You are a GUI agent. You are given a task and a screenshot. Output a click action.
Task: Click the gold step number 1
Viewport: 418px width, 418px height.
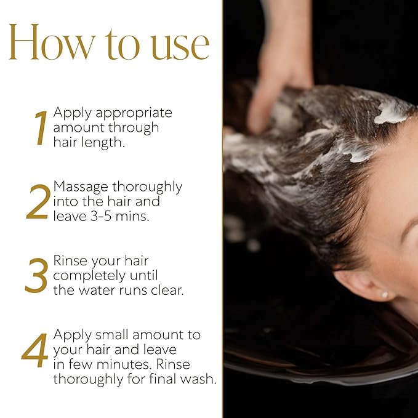(40, 129)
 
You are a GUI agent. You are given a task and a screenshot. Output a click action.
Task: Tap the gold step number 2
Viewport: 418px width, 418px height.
(38, 203)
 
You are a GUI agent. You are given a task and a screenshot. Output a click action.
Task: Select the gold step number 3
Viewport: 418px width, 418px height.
(36, 276)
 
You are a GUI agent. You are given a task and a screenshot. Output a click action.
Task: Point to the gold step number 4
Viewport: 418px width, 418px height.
(35, 351)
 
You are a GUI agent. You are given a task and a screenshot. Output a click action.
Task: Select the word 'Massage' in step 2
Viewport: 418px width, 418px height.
(81, 187)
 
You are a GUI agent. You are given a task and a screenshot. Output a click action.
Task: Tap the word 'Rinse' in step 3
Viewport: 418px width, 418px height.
(70, 260)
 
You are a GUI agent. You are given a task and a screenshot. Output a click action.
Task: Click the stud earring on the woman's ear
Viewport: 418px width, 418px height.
(385, 295)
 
